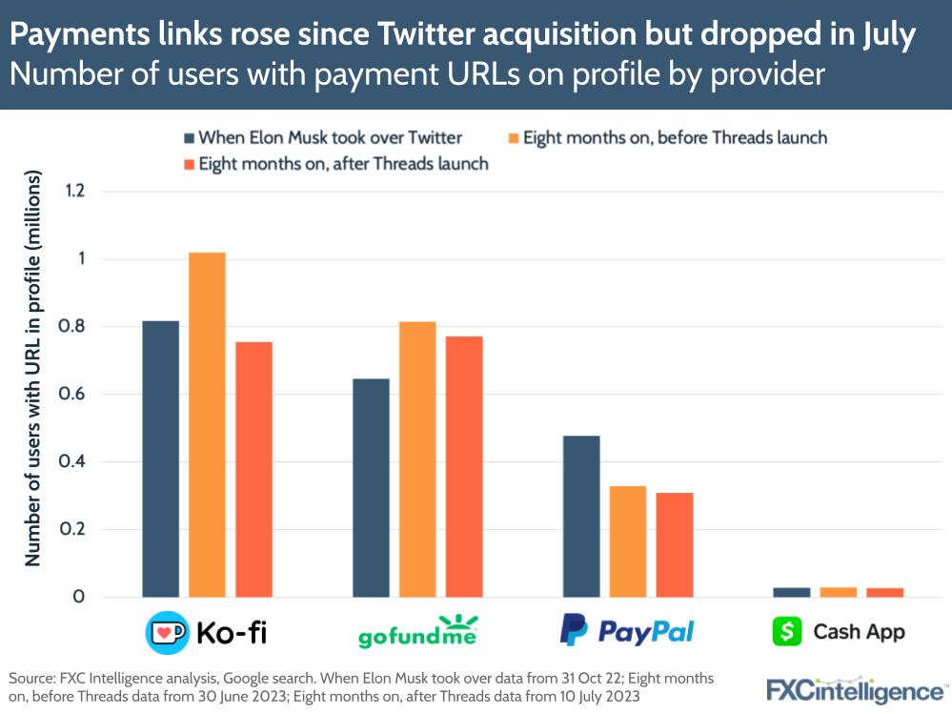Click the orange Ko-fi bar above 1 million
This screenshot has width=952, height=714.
click(207, 424)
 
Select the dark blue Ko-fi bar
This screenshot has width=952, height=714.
click(160, 459)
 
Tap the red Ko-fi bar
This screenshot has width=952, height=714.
click(253, 469)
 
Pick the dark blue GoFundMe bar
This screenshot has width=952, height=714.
click(371, 487)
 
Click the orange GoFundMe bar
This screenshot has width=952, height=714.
click(417, 459)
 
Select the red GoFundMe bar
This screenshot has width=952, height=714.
click(464, 466)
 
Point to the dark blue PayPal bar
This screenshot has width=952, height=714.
click(581, 516)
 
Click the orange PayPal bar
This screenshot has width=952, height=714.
click(628, 541)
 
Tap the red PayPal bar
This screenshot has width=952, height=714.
click(675, 544)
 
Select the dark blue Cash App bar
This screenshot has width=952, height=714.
click(791, 592)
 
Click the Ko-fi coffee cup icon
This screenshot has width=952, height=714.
click(166, 631)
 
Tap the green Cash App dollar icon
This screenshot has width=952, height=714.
click(787, 631)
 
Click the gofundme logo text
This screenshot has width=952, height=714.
click(416, 634)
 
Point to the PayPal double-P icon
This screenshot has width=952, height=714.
click(573, 630)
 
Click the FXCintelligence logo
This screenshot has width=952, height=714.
click(854, 689)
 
